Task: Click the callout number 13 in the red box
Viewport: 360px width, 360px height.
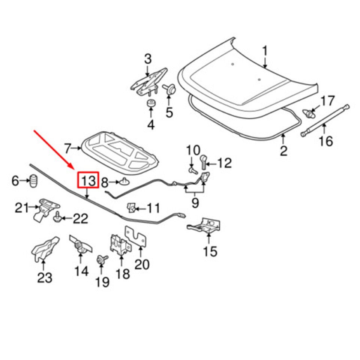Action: [x=87, y=180]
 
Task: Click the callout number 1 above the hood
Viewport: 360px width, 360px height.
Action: [x=265, y=51]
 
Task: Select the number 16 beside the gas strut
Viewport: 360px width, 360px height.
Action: [x=325, y=141]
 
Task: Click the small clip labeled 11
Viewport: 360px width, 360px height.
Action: [x=131, y=207]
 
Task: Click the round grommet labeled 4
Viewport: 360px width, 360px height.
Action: [x=151, y=103]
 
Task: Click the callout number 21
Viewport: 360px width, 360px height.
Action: [x=21, y=207]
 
